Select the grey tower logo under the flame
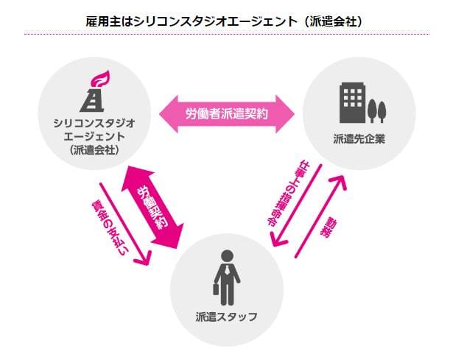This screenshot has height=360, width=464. tap(94, 99)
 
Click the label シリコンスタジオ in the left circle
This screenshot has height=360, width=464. tap(94, 122)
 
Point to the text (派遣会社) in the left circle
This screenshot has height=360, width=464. tap(94, 151)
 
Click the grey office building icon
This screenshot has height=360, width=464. tap(352, 102)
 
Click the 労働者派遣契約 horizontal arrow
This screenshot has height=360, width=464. tap(228, 113)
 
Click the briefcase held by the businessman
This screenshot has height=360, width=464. tap(217, 289)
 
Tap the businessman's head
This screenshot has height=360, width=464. tap(228, 255)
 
